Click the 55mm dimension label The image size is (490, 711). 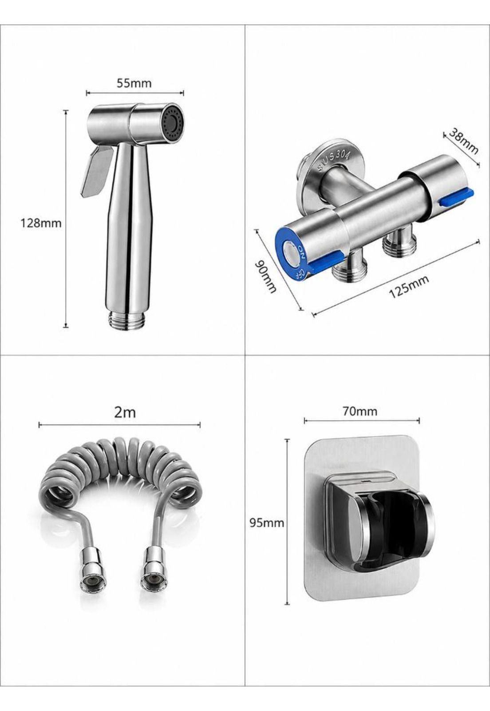(x=134, y=83)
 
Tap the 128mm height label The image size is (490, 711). (x=41, y=223)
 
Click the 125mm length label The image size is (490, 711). (x=409, y=286)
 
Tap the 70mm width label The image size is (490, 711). (x=360, y=411)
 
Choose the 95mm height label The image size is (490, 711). (x=267, y=523)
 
